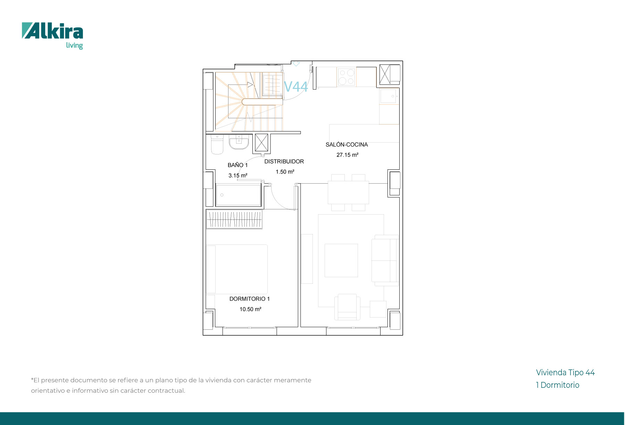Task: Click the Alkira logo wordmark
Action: pyautogui.click(x=52, y=31)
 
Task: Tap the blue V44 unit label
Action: pyautogui.click(x=296, y=87)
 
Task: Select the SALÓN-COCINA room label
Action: pyautogui.click(x=347, y=145)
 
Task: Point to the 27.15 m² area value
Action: pyautogui.click(x=347, y=155)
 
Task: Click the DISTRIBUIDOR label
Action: pyautogui.click(x=284, y=161)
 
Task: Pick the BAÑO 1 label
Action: pyautogui.click(x=238, y=165)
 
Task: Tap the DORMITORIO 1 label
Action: pyautogui.click(x=250, y=299)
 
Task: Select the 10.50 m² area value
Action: pyautogui.click(x=250, y=309)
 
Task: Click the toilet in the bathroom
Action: pyautogui.click(x=217, y=144)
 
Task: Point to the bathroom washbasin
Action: pyautogui.click(x=239, y=142)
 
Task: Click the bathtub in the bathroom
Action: pyautogui.click(x=239, y=195)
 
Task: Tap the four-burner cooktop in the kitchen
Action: pyautogui.click(x=347, y=77)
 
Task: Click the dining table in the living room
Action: pyautogui.click(x=348, y=192)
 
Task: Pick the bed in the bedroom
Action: pyautogui.click(x=237, y=269)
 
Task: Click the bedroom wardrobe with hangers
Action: pyautogui.click(x=234, y=219)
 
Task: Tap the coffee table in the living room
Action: pyautogui.click(x=341, y=260)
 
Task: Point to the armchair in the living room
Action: pyautogui.click(x=347, y=307)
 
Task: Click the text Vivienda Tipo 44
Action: pyautogui.click(x=565, y=372)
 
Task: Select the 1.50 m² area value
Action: pyautogui.click(x=285, y=172)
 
